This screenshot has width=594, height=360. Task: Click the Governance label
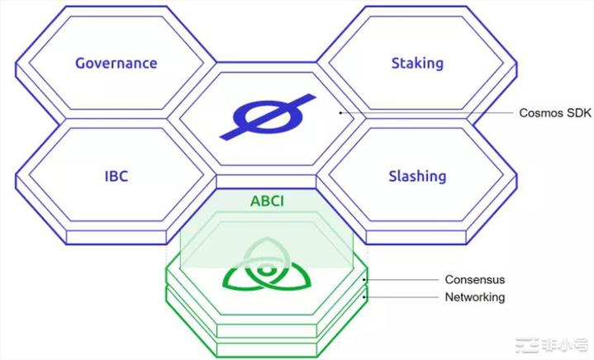point(116,63)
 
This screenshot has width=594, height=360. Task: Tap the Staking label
point(417,64)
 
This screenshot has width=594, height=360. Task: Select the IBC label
point(116,176)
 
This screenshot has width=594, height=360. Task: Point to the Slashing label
point(417,177)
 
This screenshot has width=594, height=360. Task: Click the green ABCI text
point(267,201)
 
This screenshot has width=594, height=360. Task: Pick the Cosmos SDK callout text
point(555,113)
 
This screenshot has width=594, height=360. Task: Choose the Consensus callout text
point(475,279)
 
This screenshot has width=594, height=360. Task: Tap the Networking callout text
point(475,296)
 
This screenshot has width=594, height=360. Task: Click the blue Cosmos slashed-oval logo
point(268,117)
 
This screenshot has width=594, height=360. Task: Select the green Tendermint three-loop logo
point(267,265)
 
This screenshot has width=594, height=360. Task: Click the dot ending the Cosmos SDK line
point(340,113)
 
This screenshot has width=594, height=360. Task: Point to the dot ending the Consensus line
point(364,280)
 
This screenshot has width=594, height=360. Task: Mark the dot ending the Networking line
point(364,297)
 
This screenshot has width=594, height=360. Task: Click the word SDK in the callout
point(577,113)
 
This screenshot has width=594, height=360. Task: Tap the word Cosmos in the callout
point(539,113)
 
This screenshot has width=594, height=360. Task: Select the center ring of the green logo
point(267,270)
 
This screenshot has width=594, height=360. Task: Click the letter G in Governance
point(81,63)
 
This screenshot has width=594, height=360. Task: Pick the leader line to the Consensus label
point(401,280)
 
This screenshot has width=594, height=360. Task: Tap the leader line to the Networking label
point(401,297)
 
